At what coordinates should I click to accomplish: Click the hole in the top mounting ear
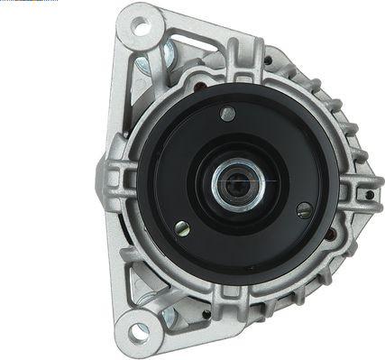[140, 27]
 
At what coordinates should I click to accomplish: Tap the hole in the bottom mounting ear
[138, 332]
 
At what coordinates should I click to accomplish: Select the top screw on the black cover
[228, 114]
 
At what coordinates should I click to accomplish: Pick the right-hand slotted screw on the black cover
[304, 209]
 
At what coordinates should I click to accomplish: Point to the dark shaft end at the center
[238, 185]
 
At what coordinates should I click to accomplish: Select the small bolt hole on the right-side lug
[370, 194]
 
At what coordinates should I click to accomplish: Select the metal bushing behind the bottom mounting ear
[167, 315]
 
